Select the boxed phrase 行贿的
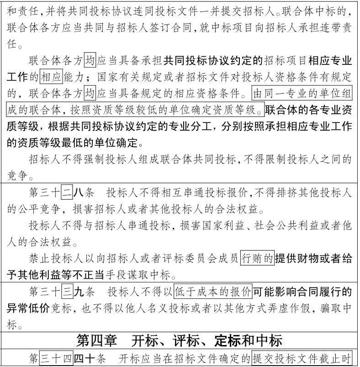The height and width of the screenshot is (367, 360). [x=257, y=259]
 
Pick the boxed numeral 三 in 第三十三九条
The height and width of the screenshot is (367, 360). [x=67, y=292]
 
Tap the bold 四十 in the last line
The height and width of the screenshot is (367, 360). [x=84, y=358]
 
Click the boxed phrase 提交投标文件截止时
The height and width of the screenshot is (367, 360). [x=302, y=358]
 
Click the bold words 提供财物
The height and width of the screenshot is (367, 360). [x=296, y=259]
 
